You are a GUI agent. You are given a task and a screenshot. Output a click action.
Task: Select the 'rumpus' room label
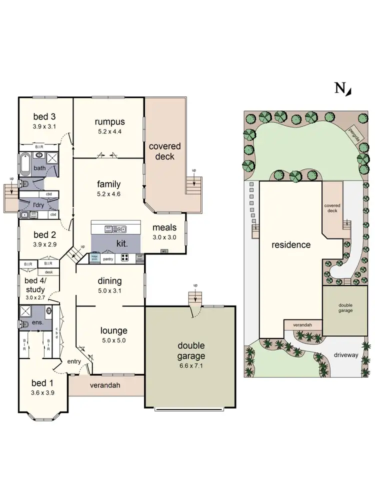tap(109, 121)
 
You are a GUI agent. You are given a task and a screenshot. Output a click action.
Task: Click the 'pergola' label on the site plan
tap(354, 135)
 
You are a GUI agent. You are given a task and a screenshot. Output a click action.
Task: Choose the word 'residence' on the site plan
tap(291, 245)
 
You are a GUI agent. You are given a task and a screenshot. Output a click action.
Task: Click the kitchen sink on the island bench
tap(119, 229)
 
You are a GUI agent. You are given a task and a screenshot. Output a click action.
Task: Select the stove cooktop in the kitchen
tap(124, 258)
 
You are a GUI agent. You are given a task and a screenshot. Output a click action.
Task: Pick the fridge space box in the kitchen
tap(94, 258)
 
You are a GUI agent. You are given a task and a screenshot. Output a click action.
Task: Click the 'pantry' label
tap(108, 259)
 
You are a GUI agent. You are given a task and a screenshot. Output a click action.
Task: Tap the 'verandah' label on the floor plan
tap(105, 385)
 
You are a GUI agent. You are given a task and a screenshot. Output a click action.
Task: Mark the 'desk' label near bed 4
tap(48, 272)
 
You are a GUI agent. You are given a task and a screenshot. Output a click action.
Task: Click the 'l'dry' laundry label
tap(39, 204)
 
